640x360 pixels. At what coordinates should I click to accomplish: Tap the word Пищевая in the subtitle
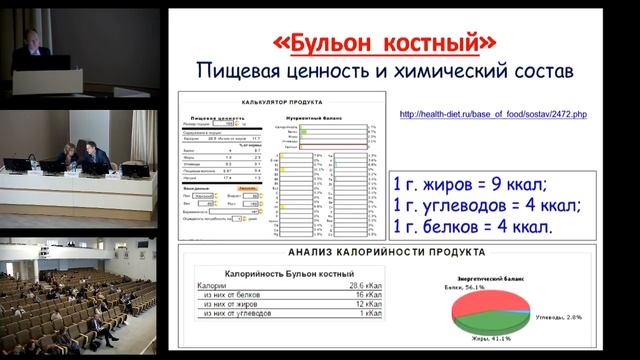pos(257,72)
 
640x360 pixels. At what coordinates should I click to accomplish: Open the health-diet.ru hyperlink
pos(493,115)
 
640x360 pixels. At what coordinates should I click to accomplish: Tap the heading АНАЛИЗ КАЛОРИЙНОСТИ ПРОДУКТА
pos(386,253)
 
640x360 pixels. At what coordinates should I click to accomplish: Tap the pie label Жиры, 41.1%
pos(473,339)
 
